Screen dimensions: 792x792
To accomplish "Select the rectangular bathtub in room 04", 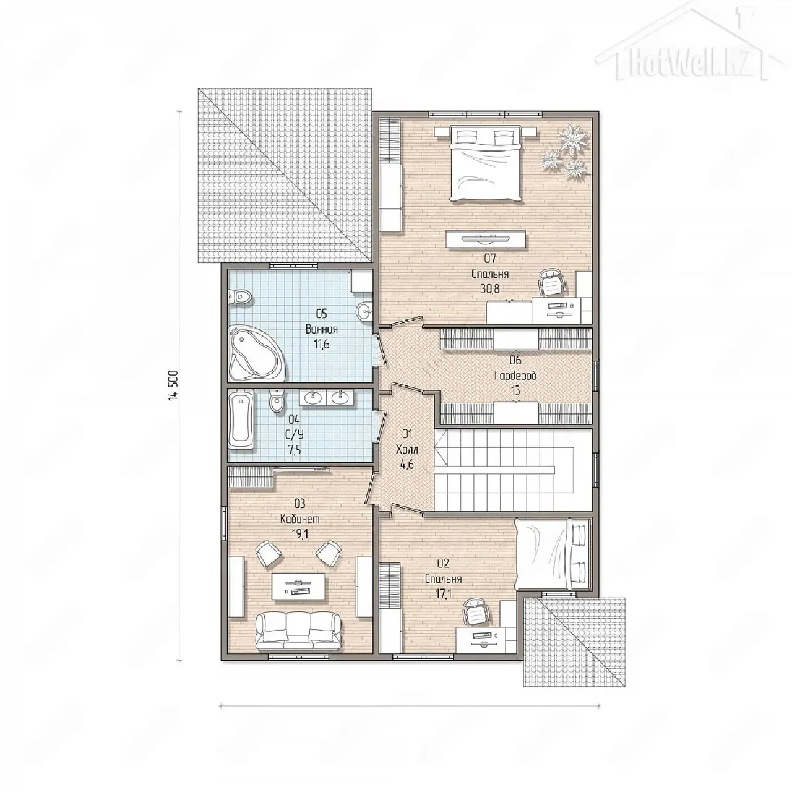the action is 241,421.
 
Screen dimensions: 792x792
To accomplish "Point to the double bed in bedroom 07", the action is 486,163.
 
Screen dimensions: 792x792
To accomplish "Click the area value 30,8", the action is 490,289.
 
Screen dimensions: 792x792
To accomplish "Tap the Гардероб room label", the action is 515,375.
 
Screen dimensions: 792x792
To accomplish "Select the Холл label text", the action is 407,449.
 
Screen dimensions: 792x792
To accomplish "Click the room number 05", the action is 321,314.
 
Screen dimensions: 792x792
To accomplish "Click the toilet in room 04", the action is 276,400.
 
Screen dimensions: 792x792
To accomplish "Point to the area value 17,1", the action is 443,593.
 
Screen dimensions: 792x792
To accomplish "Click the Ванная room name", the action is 321,329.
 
